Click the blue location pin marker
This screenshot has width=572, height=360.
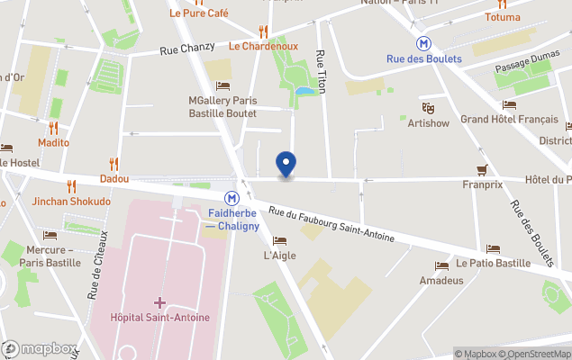(286, 164)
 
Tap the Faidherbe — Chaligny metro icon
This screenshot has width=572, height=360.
(232, 198)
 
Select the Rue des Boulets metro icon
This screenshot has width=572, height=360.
(423, 42)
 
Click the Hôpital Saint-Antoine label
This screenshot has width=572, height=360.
(159, 317)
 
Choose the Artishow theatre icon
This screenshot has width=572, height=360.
(428, 108)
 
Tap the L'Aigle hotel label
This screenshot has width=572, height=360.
(279, 256)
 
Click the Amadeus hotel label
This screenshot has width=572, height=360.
(441, 280)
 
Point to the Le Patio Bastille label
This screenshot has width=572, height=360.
(493, 263)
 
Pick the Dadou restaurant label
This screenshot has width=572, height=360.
(113, 178)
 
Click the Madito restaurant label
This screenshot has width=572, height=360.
(53, 142)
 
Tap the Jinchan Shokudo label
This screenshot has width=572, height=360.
(71, 202)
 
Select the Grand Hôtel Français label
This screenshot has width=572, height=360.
(509, 119)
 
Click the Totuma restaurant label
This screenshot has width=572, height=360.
(503, 17)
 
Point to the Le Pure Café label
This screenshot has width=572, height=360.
(198, 13)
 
